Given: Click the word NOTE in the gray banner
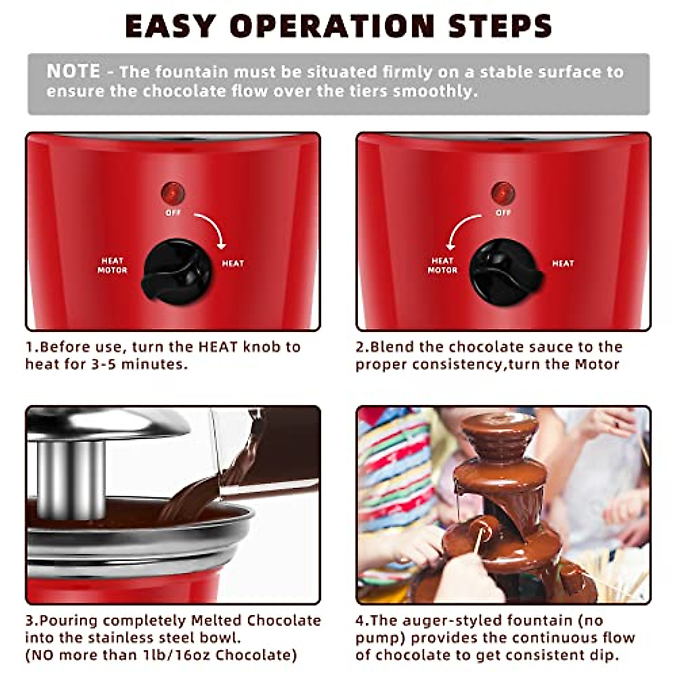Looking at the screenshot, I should (x=73, y=71).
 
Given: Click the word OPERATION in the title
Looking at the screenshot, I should (x=332, y=26).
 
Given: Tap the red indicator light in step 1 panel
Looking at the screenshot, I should (x=173, y=194).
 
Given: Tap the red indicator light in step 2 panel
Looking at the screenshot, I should (x=503, y=194).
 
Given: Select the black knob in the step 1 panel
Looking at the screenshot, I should (x=176, y=272).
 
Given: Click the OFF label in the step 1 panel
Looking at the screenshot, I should (x=173, y=213).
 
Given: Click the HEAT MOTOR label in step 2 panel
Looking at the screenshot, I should (x=442, y=265).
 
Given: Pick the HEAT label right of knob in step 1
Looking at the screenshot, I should (x=232, y=263).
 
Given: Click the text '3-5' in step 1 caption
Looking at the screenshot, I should (x=104, y=364).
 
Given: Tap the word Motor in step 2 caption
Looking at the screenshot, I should (x=597, y=364).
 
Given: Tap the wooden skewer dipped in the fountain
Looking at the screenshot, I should (x=479, y=539).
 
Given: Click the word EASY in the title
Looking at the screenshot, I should (x=169, y=26).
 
